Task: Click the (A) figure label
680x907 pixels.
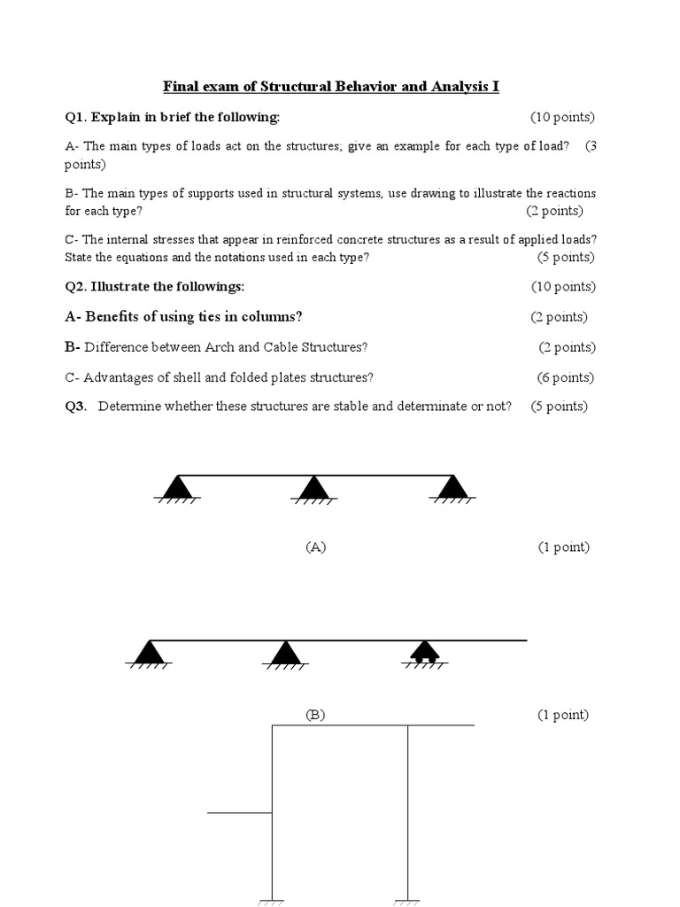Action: (316, 547)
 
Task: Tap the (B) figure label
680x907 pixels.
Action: (315, 715)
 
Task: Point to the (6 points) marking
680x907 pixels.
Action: (565, 377)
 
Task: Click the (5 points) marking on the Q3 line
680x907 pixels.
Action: (559, 407)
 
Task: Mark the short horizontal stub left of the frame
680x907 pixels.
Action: (239, 812)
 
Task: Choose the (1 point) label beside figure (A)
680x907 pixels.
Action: (563, 547)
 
